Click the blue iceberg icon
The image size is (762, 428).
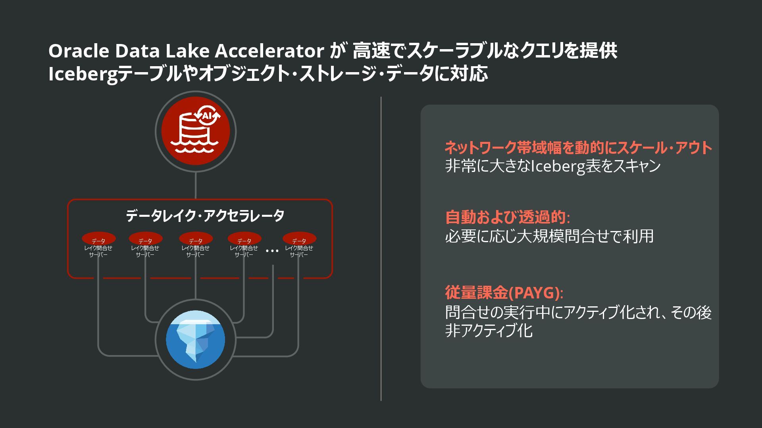[195, 340]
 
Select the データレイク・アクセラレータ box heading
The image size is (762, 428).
[205, 216]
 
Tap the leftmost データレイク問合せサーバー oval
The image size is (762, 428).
[98, 239]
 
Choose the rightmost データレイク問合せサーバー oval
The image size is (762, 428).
[299, 239]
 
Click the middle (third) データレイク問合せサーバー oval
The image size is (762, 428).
[196, 239]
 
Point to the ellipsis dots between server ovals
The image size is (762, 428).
[272, 250]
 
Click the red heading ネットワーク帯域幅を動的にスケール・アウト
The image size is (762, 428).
[578, 148]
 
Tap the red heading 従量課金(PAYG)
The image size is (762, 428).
[503, 293]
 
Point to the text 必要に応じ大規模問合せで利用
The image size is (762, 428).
[549, 236]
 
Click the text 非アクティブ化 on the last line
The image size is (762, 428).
[489, 331]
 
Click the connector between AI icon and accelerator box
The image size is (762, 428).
[195, 185]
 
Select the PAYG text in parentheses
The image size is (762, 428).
[534, 293]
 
